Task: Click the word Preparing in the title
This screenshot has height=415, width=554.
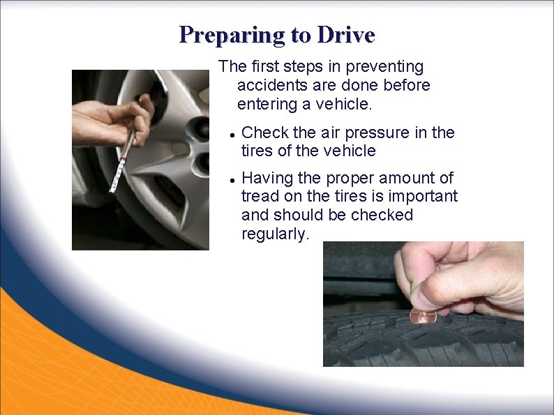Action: tap(232, 36)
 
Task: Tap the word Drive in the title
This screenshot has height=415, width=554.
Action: tap(346, 35)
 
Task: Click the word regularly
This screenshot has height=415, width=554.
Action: tap(275, 234)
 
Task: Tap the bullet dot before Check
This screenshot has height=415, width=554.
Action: tap(232, 135)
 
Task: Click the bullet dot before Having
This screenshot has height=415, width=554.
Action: tap(232, 180)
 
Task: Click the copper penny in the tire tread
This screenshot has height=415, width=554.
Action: tap(423, 316)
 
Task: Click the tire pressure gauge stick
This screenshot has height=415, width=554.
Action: tap(122, 161)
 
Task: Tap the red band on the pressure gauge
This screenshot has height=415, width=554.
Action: tap(123, 158)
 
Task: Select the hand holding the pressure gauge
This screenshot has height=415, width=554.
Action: tap(113, 121)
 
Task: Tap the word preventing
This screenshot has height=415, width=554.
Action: tap(384, 68)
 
